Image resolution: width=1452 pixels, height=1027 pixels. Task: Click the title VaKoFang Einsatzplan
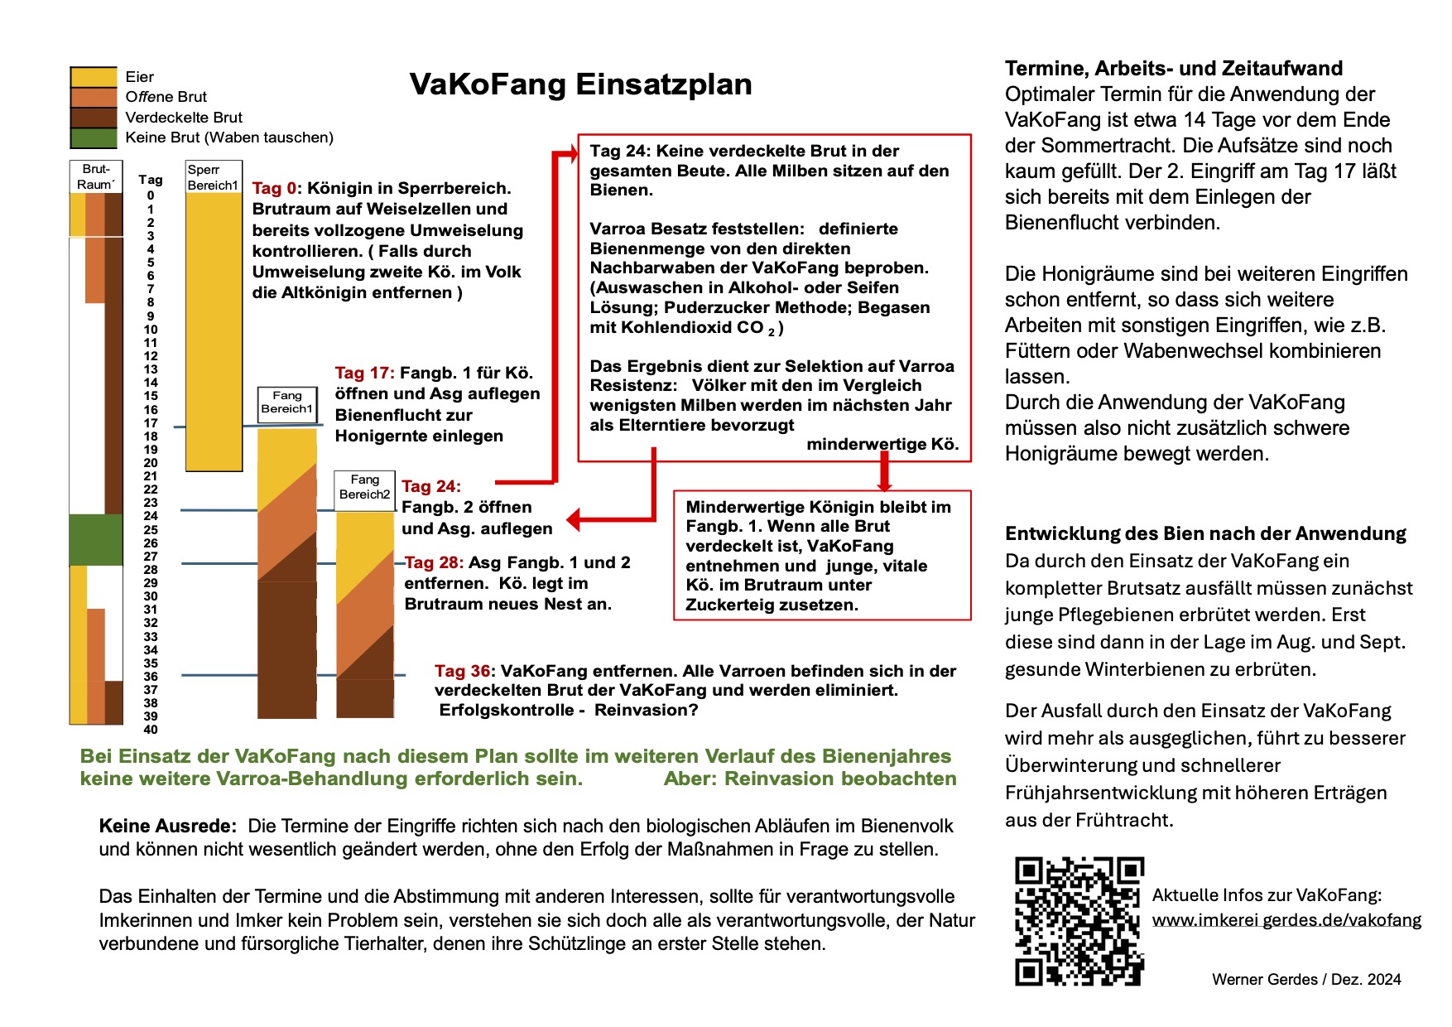[x=580, y=84]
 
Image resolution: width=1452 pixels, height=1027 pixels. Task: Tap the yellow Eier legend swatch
[x=94, y=77]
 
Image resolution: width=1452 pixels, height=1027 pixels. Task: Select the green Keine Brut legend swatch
[x=94, y=137]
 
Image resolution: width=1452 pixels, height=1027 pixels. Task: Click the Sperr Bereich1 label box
[x=213, y=177]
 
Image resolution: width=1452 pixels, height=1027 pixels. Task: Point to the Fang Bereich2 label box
[x=364, y=487]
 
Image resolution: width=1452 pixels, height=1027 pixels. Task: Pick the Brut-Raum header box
[x=96, y=176]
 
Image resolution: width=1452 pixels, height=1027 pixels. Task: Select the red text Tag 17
[x=364, y=374]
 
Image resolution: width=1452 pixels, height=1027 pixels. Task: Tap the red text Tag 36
[x=462, y=671]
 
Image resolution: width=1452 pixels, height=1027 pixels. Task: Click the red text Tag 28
[x=434, y=563]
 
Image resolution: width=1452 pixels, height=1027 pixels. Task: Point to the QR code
[x=1079, y=921]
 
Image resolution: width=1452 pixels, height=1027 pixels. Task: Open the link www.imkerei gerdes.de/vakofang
[x=1286, y=920]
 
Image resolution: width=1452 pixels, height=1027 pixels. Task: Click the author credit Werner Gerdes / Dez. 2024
[x=1306, y=980]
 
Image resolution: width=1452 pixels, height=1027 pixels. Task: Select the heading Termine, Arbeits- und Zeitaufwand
[x=1173, y=69]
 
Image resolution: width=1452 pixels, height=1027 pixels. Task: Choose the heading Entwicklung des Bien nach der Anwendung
[x=1205, y=533]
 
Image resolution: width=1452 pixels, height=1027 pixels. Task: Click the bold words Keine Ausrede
[x=167, y=826]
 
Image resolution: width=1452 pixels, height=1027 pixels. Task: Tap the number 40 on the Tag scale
[x=151, y=730]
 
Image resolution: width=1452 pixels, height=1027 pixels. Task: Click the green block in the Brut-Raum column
[x=96, y=539]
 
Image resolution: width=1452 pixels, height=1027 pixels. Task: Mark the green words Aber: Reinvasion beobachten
[x=810, y=779]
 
